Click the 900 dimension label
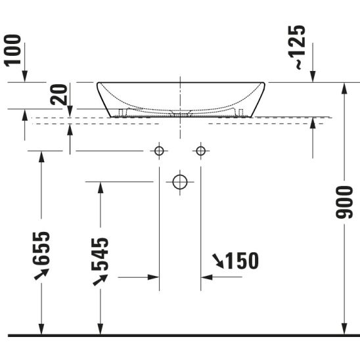(x=344, y=202)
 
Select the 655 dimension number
(x=41, y=248)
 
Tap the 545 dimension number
(x=100, y=254)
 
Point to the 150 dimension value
(x=242, y=261)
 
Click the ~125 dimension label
(x=297, y=47)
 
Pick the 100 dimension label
(x=12, y=51)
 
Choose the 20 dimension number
(x=59, y=95)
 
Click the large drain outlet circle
(x=180, y=182)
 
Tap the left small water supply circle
(x=159, y=151)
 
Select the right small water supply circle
(x=201, y=151)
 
